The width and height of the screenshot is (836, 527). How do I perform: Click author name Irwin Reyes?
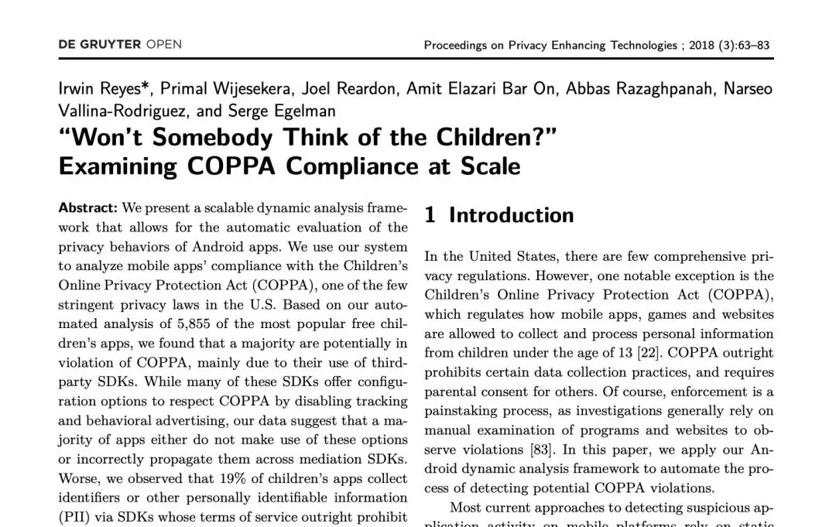pyautogui.click(x=104, y=88)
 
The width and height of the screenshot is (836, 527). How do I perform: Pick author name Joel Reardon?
pyautogui.click(x=349, y=88)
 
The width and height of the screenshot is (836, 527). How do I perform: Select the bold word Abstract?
pyautogui.click(x=88, y=208)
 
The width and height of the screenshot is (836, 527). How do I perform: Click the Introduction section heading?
pyautogui.click(x=511, y=215)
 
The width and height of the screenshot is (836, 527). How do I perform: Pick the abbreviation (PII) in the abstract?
pyautogui.click(x=75, y=517)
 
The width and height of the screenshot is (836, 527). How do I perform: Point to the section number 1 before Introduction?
pyautogui.click(x=430, y=215)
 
